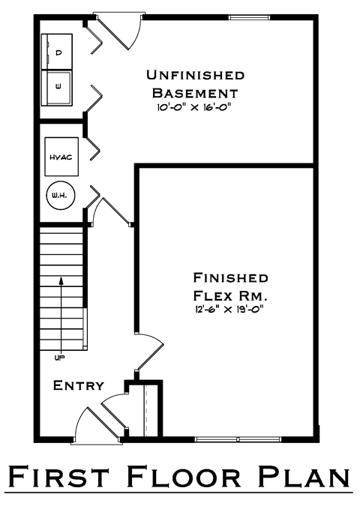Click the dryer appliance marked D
click(57, 52)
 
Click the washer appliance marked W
click(57, 88)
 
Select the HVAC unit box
click(61, 157)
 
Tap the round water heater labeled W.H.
click(61, 196)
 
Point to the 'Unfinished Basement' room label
click(196, 84)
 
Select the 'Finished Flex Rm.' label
click(230, 286)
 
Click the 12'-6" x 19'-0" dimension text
click(229, 310)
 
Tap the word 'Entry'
click(79, 385)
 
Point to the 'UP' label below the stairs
click(59, 358)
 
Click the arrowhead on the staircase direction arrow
click(61, 280)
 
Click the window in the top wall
click(249, 17)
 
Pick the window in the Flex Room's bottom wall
click(238, 439)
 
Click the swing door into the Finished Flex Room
click(149, 352)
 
